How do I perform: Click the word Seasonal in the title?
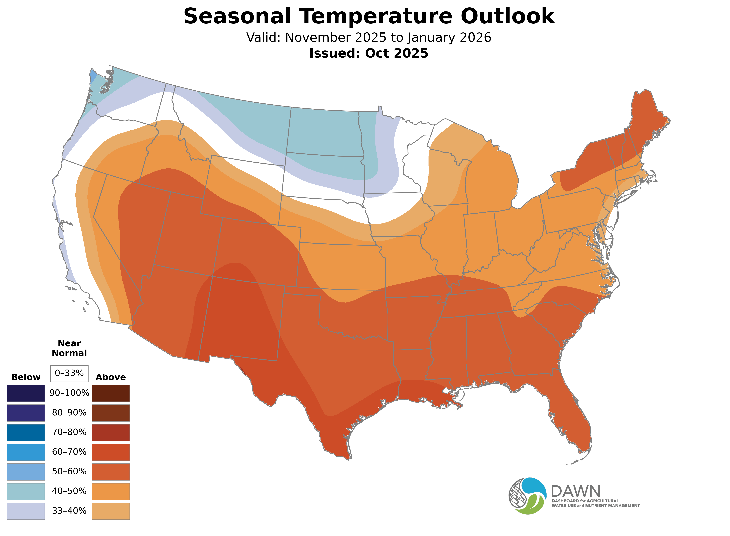click(x=237, y=16)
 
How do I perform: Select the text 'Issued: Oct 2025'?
click(x=369, y=53)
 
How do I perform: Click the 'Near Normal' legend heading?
click(x=69, y=348)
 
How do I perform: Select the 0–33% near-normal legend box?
click(x=69, y=373)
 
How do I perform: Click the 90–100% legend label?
click(x=69, y=393)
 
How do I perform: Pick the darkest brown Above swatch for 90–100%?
click(x=111, y=393)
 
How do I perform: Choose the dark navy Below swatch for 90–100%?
click(x=26, y=393)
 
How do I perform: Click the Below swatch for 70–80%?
click(x=26, y=432)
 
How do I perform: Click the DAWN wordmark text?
click(x=576, y=492)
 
